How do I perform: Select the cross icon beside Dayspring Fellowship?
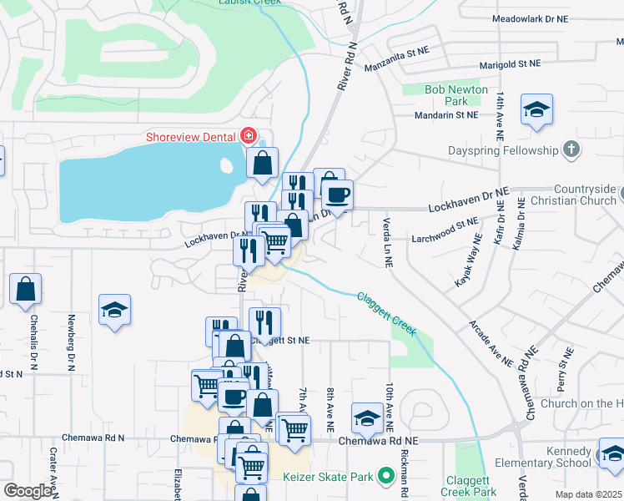[x=571, y=150]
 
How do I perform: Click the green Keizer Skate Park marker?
[x=385, y=477]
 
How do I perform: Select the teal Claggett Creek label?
[x=386, y=314]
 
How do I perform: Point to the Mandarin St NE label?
[x=447, y=115]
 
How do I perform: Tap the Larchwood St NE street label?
[x=445, y=230]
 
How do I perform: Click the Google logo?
[x=27, y=491]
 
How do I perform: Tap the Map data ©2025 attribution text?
[x=589, y=494]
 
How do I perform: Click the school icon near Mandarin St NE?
[x=537, y=110]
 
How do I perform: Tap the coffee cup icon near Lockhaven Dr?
[x=337, y=196]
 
